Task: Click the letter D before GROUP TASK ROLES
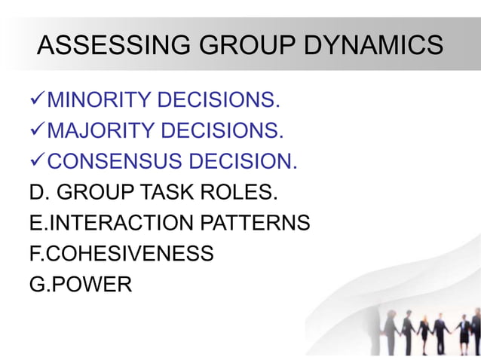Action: [36, 193]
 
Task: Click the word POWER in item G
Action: [88, 285]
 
